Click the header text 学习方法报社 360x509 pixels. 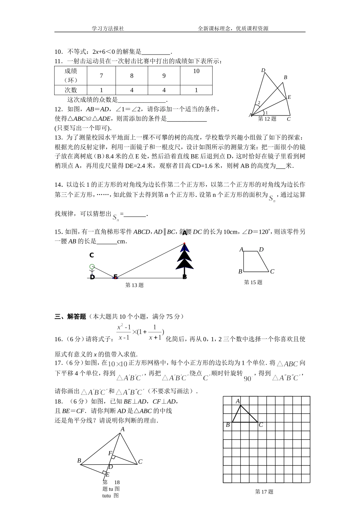tap(108, 28)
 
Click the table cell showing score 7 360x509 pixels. tap(101, 76)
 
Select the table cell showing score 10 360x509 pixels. tap(196, 71)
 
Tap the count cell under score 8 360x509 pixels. tap(131, 90)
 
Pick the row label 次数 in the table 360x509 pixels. tap(70, 90)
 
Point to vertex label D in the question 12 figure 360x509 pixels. tap(263, 70)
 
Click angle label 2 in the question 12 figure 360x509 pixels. tap(259, 103)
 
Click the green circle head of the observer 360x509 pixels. tap(92, 267)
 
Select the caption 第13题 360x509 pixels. tap(134, 285)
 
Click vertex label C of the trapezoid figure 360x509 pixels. tap(272, 272)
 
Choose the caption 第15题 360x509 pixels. tap(253, 282)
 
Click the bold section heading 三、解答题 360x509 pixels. tap(70, 317)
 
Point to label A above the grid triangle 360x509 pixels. tap(238, 401)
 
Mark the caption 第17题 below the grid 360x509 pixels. tap(264, 492)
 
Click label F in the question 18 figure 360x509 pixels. tap(110, 453)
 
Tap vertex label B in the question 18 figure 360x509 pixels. tap(79, 461)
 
